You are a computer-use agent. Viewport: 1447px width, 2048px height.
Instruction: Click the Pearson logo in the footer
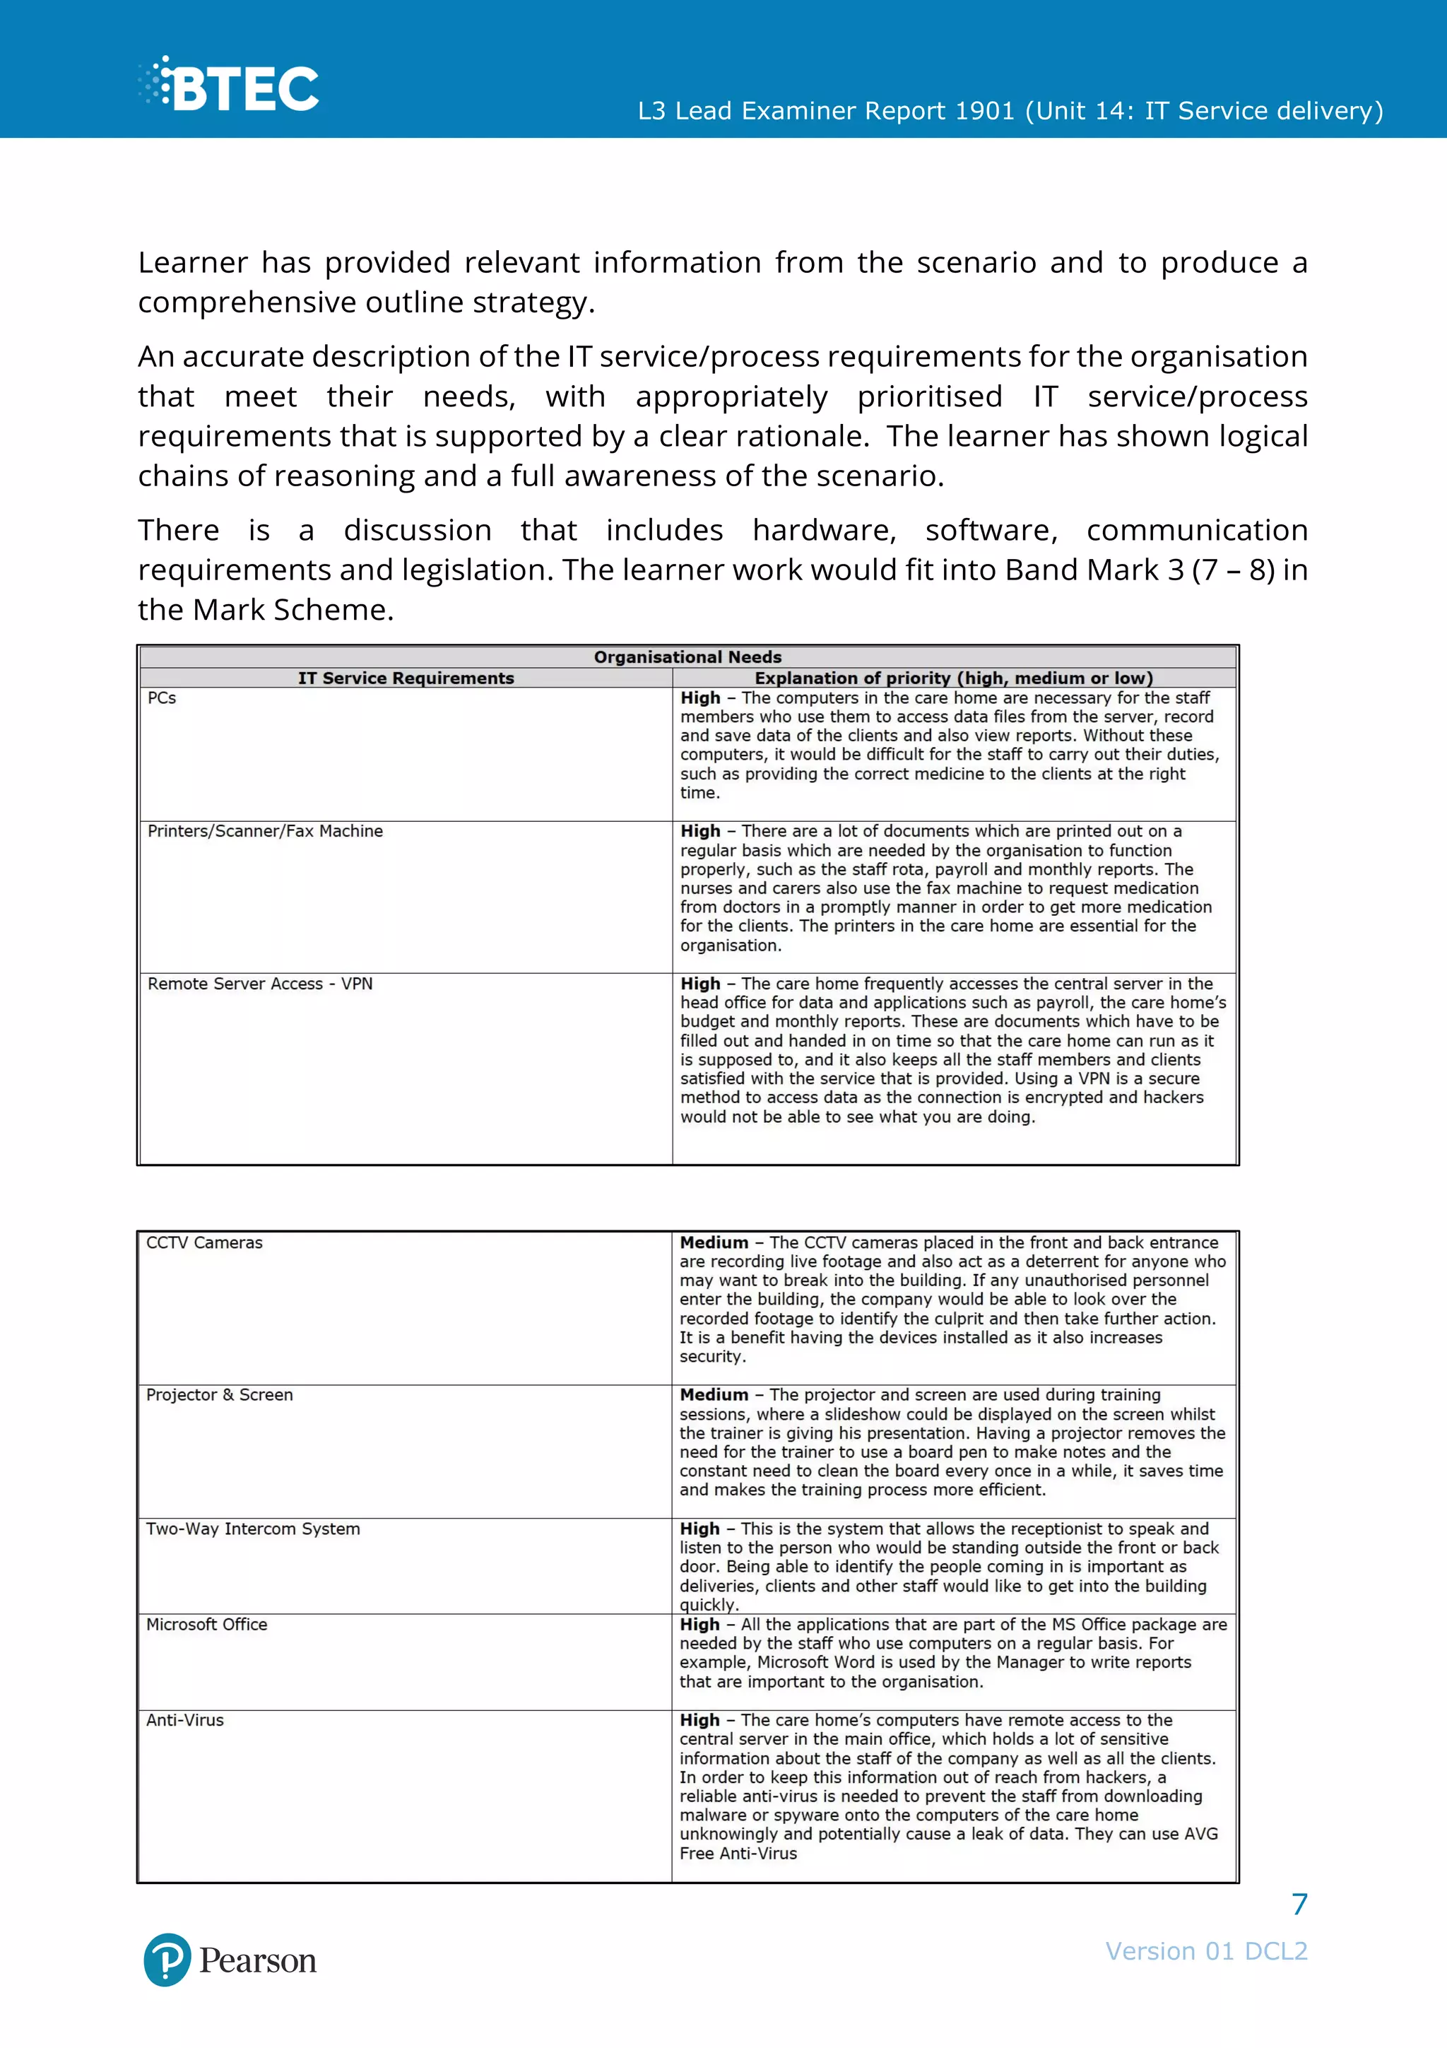(230, 1960)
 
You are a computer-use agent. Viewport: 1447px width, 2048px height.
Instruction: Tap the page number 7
(1299, 1905)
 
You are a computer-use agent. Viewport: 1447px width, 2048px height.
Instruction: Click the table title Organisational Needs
(687, 657)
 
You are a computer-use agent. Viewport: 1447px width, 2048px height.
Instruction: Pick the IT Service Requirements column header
(406, 678)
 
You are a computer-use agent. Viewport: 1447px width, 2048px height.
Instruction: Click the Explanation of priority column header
(953, 678)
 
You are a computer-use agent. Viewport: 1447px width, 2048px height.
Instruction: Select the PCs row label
(163, 698)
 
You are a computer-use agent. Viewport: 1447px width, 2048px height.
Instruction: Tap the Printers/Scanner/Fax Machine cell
(265, 831)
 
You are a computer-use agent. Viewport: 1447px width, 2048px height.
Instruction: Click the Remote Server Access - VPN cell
(259, 984)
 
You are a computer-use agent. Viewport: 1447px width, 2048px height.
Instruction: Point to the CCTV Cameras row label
(204, 1242)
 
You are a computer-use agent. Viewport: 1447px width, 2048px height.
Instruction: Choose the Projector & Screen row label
(219, 1395)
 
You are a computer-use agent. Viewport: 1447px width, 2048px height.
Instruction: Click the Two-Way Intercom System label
(253, 1529)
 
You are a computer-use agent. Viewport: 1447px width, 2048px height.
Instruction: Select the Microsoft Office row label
(207, 1624)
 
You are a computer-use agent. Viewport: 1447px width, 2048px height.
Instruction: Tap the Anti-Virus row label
(184, 1720)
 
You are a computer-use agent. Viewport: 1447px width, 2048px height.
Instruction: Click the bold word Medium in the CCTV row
(713, 1242)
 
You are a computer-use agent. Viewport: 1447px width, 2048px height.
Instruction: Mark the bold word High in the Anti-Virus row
(699, 1720)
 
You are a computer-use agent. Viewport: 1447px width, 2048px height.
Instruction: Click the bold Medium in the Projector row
(713, 1395)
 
